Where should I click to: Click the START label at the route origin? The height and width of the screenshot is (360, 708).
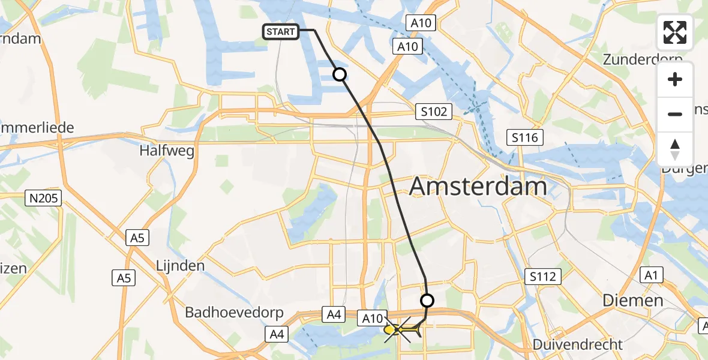pyautogui.click(x=281, y=31)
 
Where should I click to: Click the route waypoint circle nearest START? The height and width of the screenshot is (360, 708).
pyautogui.click(x=340, y=74)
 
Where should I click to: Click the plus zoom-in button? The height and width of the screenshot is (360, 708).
pyautogui.click(x=676, y=80)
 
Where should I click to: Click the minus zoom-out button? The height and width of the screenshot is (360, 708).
pyautogui.click(x=676, y=114)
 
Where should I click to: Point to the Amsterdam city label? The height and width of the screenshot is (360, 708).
pyautogui.click(x=478, y=187)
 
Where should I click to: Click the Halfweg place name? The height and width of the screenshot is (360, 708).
pyautogui.click(x=167, y=151)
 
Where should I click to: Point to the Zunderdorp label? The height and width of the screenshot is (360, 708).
pyautogui.click(x=643, y=60)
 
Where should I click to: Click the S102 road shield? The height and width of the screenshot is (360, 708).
pyautogui.click(x=433, y=112)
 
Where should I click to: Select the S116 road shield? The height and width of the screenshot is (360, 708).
pyautogui.click(x=524, y=137)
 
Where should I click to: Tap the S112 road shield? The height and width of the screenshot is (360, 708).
pyautogui.click(x=543, y=277)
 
